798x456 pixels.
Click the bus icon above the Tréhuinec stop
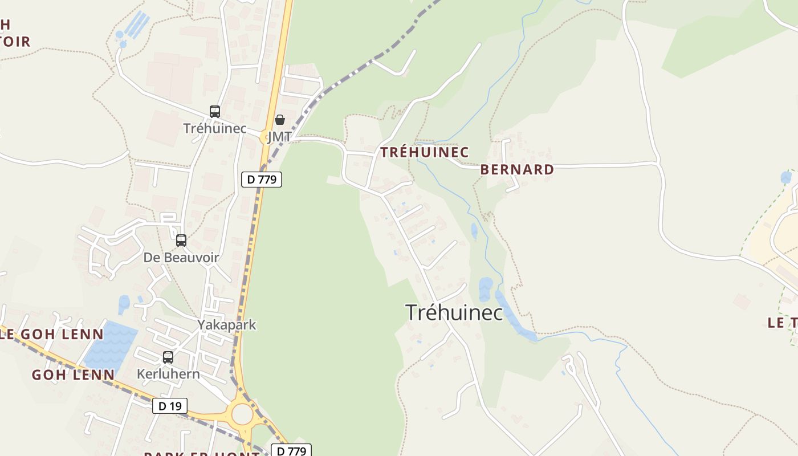pos(214,112)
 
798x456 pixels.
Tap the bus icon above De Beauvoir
pos(181,241)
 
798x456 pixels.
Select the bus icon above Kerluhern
pos(168,357)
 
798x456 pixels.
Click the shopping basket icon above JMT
pos(279,120)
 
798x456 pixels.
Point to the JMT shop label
pos(279,137)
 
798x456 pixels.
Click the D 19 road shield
pos(170,406)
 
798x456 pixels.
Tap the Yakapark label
pos(227,325)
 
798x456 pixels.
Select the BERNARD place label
pos(517,169)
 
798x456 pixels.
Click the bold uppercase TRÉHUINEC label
pos(425,152)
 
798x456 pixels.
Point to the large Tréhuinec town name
pos(454,312)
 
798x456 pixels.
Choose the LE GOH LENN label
pos(52,334)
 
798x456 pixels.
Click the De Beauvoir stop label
pos(181,258)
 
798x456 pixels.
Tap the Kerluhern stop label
pos(168,374)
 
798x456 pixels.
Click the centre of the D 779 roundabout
pos(242,414)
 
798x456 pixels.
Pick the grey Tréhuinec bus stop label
pos(215,128)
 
